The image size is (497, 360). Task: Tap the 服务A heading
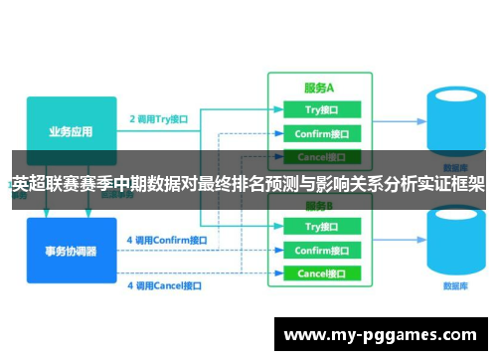tap(318, 87)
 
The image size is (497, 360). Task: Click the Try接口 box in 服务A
tap(319, 109)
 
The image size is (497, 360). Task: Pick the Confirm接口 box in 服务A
tap(319, 133)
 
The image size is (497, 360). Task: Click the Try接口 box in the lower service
tap(319, 227)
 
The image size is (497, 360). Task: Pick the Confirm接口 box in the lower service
tap(319, 251)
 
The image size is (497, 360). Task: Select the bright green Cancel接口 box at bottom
tap(319, 273)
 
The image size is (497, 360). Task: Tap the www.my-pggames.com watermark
tap(381, 336)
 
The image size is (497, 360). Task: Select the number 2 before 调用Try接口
tap(132, 117)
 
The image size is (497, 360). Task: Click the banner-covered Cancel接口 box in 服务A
tap(319, 156)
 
